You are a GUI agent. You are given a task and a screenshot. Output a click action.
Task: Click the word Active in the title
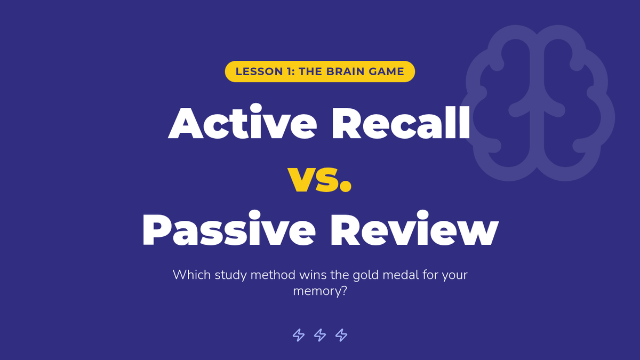pyautogui.click(x=242, y=122)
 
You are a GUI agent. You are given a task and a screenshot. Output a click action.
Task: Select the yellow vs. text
pyautogui.click(x=319, y=179)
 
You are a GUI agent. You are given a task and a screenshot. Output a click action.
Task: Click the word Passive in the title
pyautogui.click(x=229, y=228)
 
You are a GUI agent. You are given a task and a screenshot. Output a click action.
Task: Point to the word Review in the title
pyautogui.click(x=414, y=228)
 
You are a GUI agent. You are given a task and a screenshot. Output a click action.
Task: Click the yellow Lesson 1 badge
pyautogui.click(x=319, y=71)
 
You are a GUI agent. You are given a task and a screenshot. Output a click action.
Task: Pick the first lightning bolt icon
pyautogui.click(x=299, y=335)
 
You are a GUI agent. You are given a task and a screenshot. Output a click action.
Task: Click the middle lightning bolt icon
pyautogui.click(x=319, y=335)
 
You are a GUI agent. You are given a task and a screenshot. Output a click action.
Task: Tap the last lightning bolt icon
pyautogui.click(x=341, y=335)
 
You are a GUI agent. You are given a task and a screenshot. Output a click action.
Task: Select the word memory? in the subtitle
pyautogui.click(x=320, y=291)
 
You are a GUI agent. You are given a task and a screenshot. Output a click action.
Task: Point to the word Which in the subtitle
pyautogui.click(x=192, y=275)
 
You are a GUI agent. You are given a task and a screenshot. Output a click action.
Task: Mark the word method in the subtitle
pyautogui.click(x=273, y=275)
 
